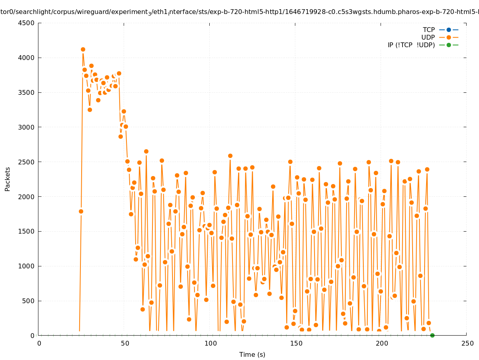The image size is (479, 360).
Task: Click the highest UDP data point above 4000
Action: point(83,50)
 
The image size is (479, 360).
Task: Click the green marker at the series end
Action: point(432,335)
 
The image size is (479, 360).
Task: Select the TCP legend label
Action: point(429,30)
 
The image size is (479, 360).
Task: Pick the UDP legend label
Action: point(428,37)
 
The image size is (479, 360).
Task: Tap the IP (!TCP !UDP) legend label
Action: point(411,45)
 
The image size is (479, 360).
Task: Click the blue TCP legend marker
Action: point(449,30)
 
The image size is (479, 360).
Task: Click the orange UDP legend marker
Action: point(449,37)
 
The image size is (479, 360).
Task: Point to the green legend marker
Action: point(449,45)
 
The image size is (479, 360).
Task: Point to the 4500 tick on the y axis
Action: point(27,23)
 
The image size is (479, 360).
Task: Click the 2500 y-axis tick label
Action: point(27,162)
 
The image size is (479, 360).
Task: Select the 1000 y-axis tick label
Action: point(27,266)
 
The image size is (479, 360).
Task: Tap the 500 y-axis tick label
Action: point(28,301)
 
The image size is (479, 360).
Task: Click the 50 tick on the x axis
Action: point(125,343)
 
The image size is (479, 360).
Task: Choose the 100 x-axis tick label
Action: point(210,343)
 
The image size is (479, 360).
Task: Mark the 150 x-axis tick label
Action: point(296,343)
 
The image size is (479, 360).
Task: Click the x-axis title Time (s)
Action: point(252,354)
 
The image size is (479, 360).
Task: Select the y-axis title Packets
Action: point(8,179)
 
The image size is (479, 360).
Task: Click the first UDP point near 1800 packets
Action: point(81,211)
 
